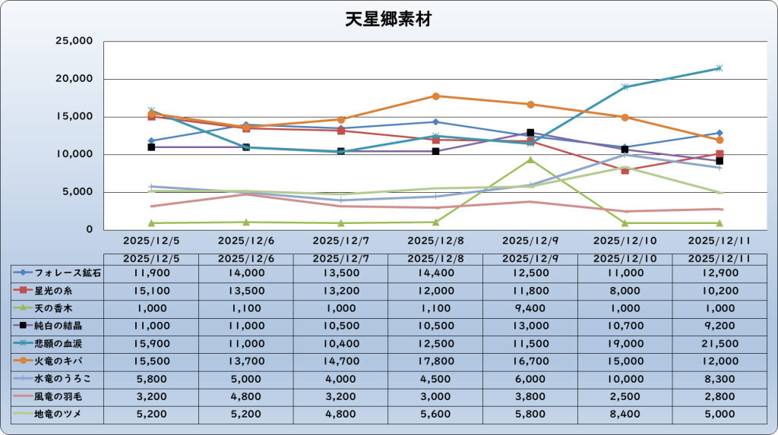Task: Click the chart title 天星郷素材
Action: point(388,19)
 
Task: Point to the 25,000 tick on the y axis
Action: point(74,41)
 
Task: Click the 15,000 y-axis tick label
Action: point(74,116)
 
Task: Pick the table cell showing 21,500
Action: point(719,343)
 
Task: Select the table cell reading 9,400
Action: point(530,308)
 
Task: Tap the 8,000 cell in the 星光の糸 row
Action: point(625,290)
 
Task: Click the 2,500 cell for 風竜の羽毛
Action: point(625,396)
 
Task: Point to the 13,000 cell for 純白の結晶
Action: point(530,326)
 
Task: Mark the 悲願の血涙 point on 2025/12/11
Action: point(719,68)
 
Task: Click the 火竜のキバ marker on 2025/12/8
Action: point(435,96)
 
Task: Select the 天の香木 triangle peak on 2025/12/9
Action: point(530,160)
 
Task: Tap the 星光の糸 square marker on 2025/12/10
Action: point(625,170)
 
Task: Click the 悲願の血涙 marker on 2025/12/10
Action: point(625,87)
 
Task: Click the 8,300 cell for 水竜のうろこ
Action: point(719,379)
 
